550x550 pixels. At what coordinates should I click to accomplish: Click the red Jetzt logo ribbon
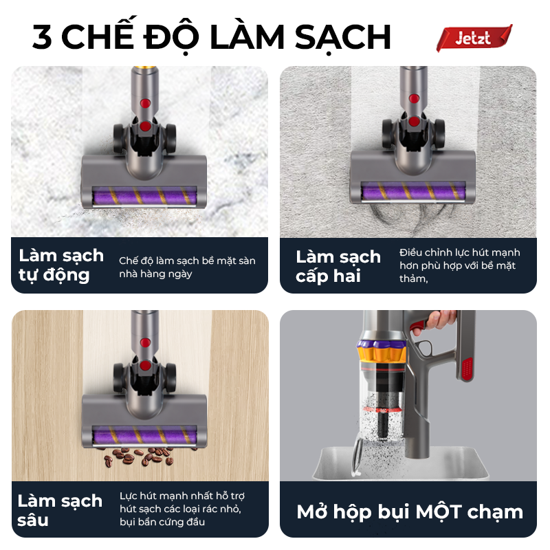(474, 38)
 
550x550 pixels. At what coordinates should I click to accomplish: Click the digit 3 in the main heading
(42, 37)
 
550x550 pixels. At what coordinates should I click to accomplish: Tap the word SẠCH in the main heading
(342, 38)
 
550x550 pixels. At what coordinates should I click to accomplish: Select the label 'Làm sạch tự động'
(61, 265)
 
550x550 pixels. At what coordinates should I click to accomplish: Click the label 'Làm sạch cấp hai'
(338, 266)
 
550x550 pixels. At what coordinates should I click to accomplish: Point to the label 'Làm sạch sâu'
(60, 509)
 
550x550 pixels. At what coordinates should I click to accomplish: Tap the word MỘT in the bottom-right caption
(439, 512)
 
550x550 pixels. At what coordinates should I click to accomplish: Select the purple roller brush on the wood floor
(144, 435)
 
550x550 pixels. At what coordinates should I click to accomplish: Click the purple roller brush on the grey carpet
(413, 192)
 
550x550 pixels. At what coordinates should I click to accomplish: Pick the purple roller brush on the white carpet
(144, 195)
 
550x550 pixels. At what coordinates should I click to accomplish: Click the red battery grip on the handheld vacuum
(467, 369)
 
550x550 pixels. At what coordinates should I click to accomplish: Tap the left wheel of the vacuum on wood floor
(118, 378)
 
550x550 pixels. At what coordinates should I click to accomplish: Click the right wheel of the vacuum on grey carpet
(439, 133)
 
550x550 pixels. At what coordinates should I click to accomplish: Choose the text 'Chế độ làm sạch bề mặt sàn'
(187, 261)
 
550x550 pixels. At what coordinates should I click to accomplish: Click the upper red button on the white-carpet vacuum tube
(145, 103)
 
